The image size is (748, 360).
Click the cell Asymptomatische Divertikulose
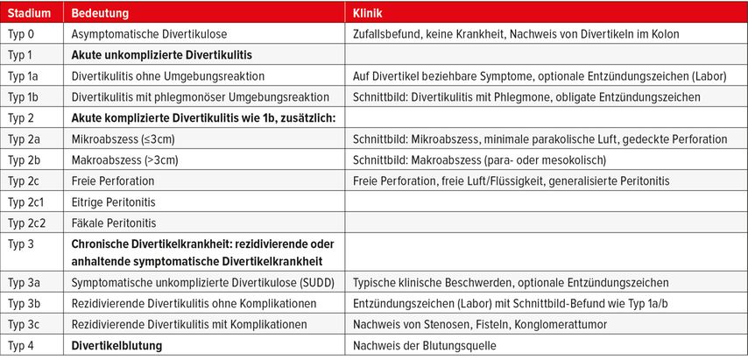click(x=148, y=34)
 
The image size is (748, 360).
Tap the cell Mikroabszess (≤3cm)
click(x=124, y=138)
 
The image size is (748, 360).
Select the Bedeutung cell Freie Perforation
click(x=114, y=180)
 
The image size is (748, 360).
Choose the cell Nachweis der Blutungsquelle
click(x=425, y=346)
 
